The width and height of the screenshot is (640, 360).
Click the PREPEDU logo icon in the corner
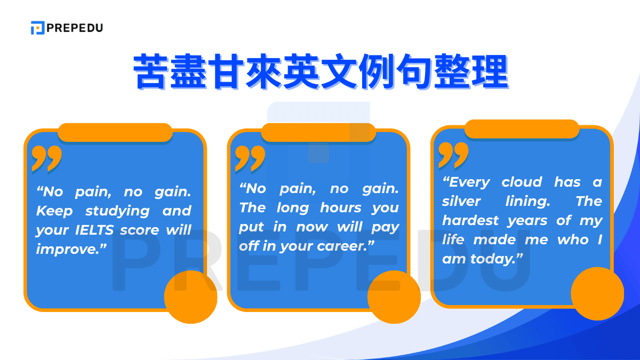point(37,28)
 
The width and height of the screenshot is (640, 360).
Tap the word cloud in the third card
point(522,182)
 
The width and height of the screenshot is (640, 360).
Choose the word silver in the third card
point(461,201)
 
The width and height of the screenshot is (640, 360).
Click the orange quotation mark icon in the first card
point(46,158)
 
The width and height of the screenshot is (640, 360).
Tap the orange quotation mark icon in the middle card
point(250,158)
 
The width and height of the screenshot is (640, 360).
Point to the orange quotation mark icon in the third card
point(453,155)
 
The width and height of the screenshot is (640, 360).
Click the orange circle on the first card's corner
point(190,297)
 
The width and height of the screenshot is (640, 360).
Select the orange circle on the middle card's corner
point(394,297)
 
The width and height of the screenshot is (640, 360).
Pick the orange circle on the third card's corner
point(597,294)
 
